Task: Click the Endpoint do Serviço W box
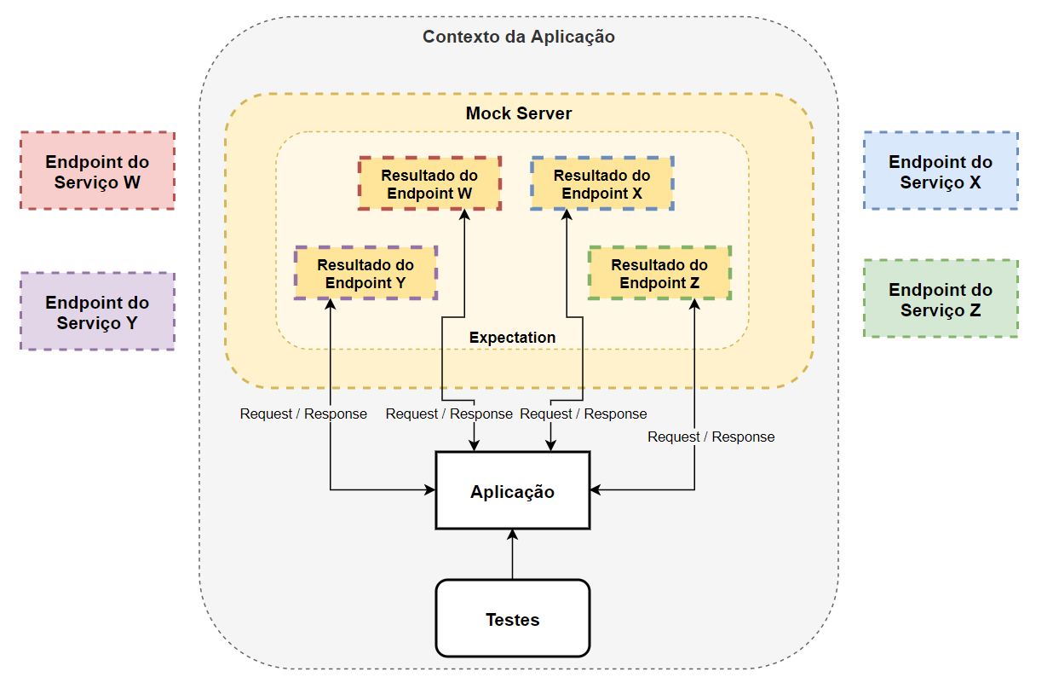[x=97, y=171]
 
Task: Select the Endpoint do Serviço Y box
[x=97, y=311]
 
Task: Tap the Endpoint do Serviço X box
[x=941, y=171]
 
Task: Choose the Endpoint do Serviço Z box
[x=941, y=298]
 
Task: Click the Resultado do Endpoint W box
[x=429, y=183]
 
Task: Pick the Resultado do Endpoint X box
[x=602, y=183]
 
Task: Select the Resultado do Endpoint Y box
[x=365, y=273]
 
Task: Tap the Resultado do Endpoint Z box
[x=659, y=273]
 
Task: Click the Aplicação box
[x=512, y=491]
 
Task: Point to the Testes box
[x=512, y=619]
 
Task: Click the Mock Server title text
[x=519, y=113]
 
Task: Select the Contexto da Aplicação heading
[x=519, y=37]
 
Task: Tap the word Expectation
[x=512, y=338]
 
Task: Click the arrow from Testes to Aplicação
[x=512, y=554]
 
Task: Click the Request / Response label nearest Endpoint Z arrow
[x=711, y=437]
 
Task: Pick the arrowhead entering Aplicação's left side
[x=430, y=489]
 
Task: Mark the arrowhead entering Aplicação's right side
[x=596, y=489]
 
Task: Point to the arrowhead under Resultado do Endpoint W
[x=465, y=216]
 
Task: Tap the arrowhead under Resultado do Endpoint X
[x=567, y=216]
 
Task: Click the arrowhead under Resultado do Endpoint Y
[x=331, y=304]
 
